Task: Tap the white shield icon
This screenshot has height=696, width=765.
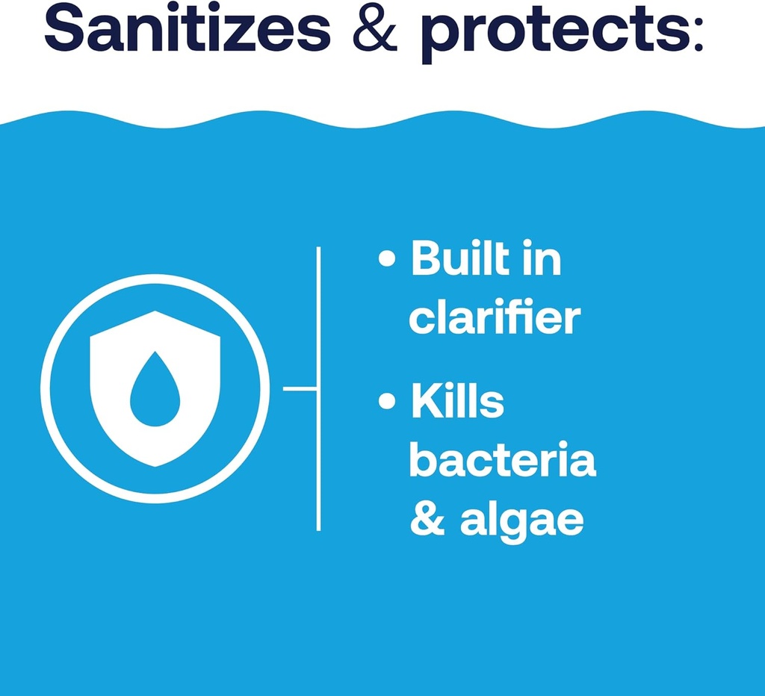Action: click(155, 351)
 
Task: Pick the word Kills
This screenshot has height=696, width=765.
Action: click(457, 402)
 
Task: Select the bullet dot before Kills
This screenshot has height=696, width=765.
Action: click(386, 402)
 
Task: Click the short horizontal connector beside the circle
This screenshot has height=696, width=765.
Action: click(300, 388)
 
